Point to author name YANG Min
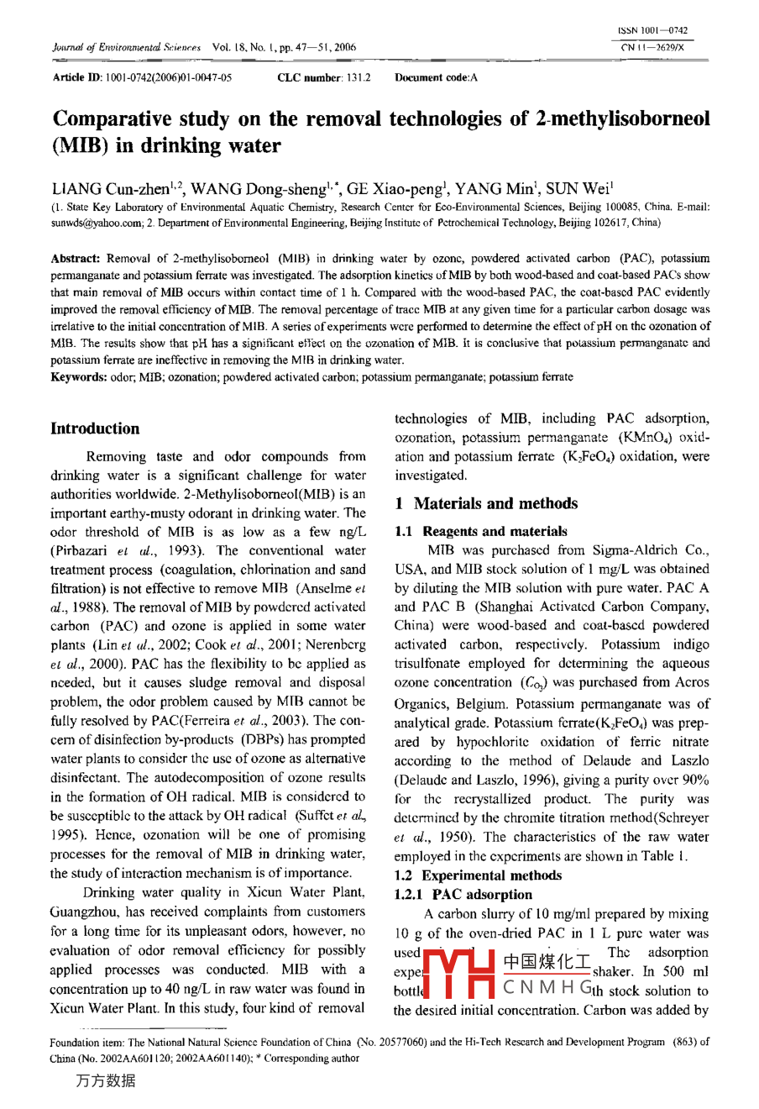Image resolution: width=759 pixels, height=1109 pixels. [x=497, y=189]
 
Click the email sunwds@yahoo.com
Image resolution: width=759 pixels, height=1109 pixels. [x=92, y=223]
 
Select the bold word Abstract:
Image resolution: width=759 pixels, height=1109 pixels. [x=76, y=259]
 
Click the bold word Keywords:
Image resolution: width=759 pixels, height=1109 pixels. [x=79, y=377]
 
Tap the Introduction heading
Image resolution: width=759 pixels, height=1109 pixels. [x=95, y=428]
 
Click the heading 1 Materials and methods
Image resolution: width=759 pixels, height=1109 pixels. [x=486, y=503]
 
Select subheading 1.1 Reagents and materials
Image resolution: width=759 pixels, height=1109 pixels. [x=481, y=531]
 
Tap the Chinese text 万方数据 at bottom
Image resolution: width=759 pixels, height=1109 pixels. [x=105, y=1080]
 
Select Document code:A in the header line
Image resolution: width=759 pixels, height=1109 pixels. [x=436, y=77]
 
